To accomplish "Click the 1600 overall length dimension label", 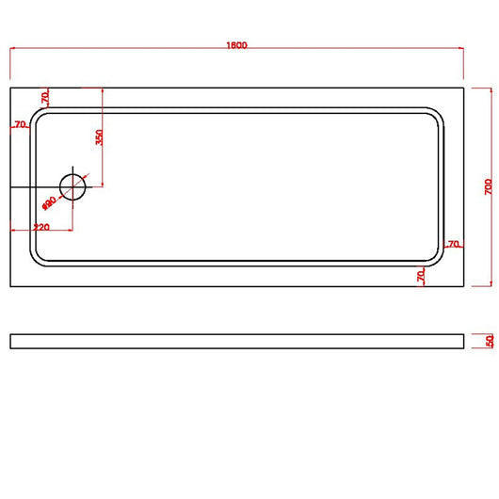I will point(236,45).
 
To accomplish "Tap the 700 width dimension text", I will point(488,186).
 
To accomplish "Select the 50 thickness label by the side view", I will point(490,341).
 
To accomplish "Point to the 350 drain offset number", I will point(98,137).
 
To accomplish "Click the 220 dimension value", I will point(41,227).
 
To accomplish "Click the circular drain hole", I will point(72,186).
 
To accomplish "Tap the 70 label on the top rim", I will point(44,98).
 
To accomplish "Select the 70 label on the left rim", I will point(19,124).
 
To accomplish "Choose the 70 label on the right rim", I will point(453,245).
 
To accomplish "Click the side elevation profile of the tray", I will point(236,341).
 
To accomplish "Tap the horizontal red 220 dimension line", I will point(56,231).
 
